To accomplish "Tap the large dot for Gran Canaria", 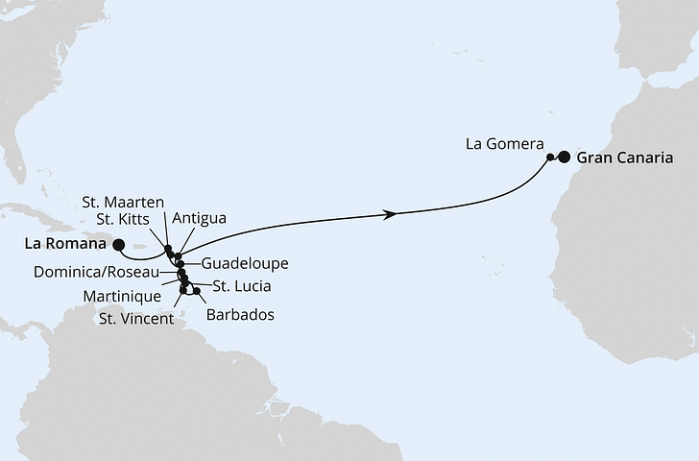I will point(564,158).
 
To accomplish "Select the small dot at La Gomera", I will point(550,157).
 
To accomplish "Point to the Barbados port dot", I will point(197,290).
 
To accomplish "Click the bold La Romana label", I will point(62,244).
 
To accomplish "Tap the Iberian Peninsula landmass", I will point(663,29).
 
